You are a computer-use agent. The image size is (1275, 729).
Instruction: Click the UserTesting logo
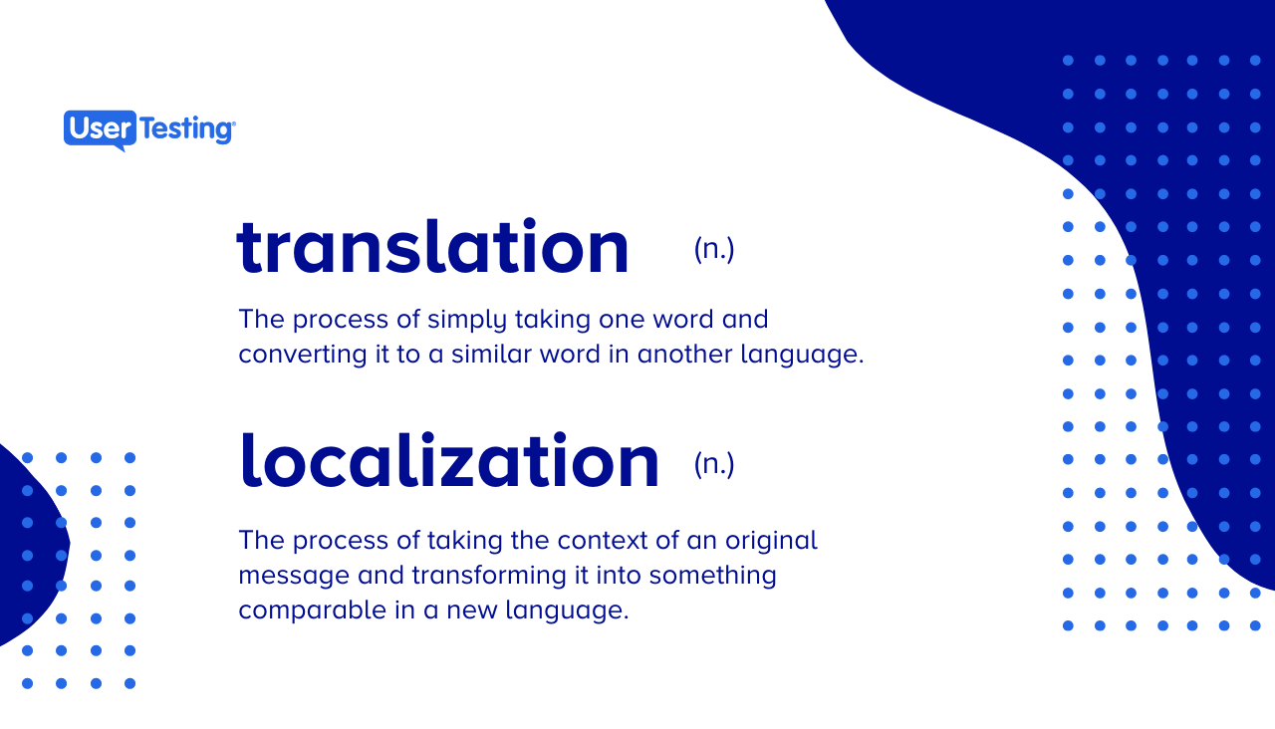click(x=149, y=128)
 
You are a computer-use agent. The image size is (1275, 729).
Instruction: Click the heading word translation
click(x=433, y=248)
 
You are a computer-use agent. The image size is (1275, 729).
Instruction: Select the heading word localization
click(x=449, y=461)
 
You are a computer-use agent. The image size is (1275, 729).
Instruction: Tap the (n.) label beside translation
click(x=714, y=249)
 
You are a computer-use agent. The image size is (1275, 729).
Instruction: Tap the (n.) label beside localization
click(x=714, y=463)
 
